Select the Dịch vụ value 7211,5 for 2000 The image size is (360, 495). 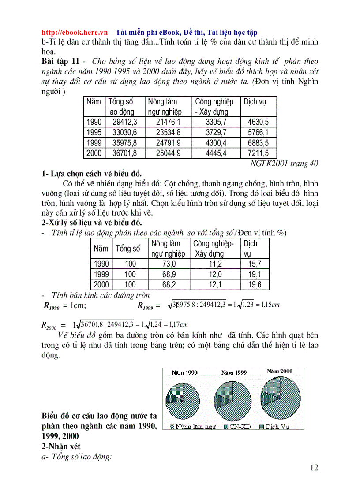tap(258, 153)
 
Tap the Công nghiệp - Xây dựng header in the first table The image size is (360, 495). tap(214, 107)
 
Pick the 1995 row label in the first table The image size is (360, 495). tap(94, 132)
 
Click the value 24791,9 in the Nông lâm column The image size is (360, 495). tap(168, 143)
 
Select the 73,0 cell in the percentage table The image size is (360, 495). tap(169, 264)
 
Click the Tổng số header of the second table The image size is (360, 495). tap(127, 249)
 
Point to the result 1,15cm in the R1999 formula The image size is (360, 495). tap(268, 305)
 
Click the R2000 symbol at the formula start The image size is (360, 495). tap(49, 325)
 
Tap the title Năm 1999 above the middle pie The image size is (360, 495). tap(234, 372)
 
